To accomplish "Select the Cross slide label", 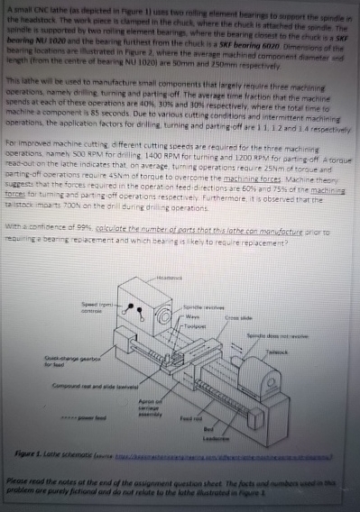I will point(263,317).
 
